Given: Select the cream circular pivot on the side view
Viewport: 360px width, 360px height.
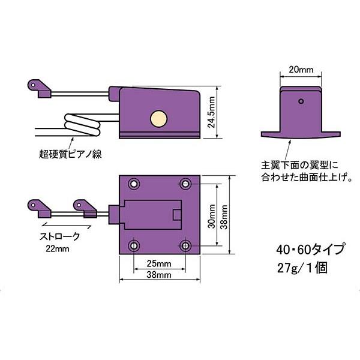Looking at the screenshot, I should (158, 118).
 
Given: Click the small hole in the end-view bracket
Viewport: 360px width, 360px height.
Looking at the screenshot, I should (302, 101).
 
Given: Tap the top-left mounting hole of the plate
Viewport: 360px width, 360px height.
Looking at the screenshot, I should (134, 183).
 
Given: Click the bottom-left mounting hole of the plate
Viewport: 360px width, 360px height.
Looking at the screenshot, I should (134, 245).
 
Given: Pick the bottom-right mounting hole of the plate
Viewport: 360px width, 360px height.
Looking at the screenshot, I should (186, 245).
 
